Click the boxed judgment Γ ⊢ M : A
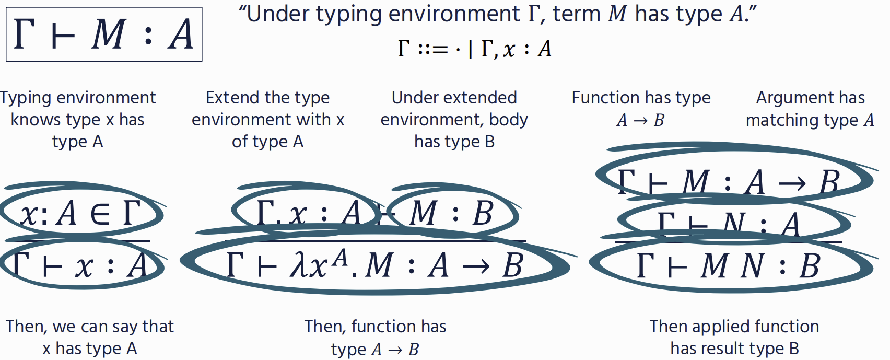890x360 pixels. [104, 34]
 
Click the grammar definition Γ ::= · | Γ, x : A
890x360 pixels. [474, 49]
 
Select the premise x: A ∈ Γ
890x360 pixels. [80, 213]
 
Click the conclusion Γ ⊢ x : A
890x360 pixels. [80, 265]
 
